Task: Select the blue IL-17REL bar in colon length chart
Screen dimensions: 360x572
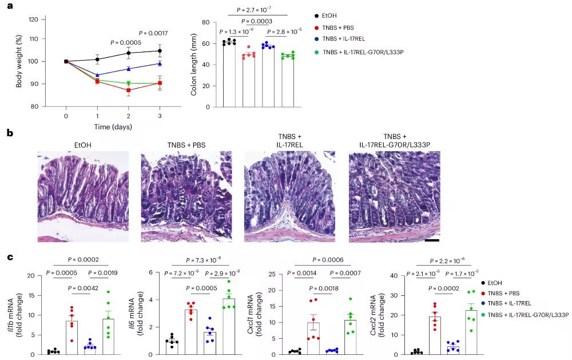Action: pyautogui.click(x=268, y=76)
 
